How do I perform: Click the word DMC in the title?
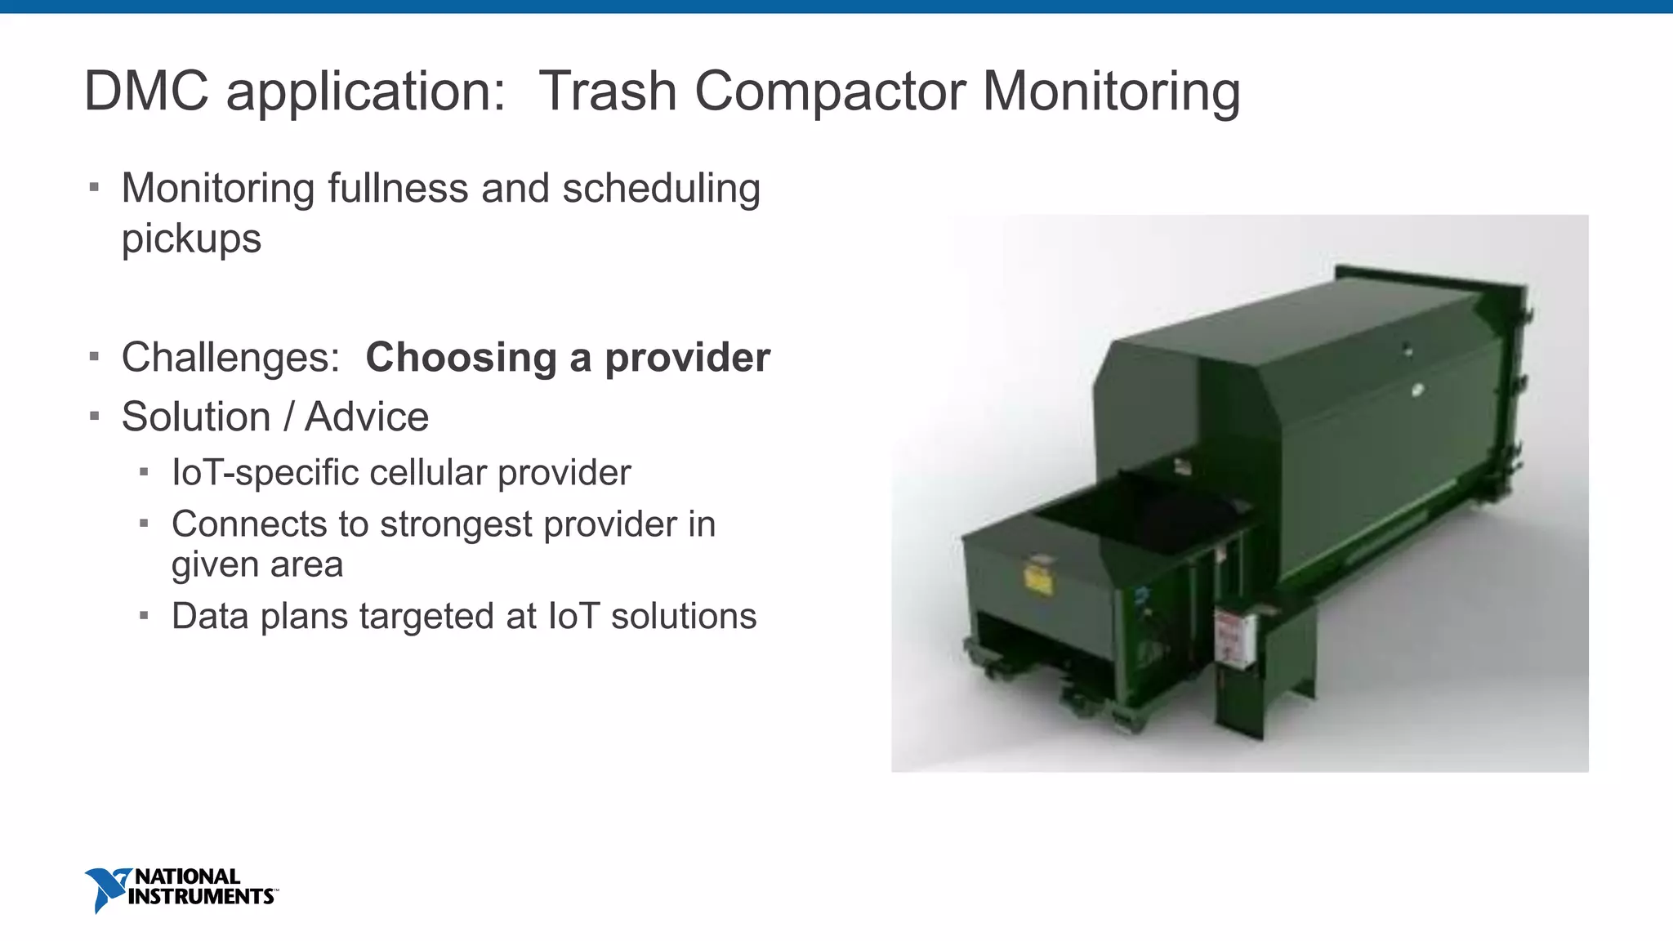tap(146, 91)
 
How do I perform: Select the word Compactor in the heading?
tap(830, 91)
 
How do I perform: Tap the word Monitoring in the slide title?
tap(1111, 91)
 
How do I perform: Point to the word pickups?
tap(191, 239)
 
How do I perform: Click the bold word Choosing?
tap(461, 358)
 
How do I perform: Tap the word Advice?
tap(367, 417)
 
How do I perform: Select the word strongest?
tap(456, 524)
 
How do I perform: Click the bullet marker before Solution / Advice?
tap(95, 417)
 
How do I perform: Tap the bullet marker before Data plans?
tap(144, 616)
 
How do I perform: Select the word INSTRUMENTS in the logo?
tap(201, 897)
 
